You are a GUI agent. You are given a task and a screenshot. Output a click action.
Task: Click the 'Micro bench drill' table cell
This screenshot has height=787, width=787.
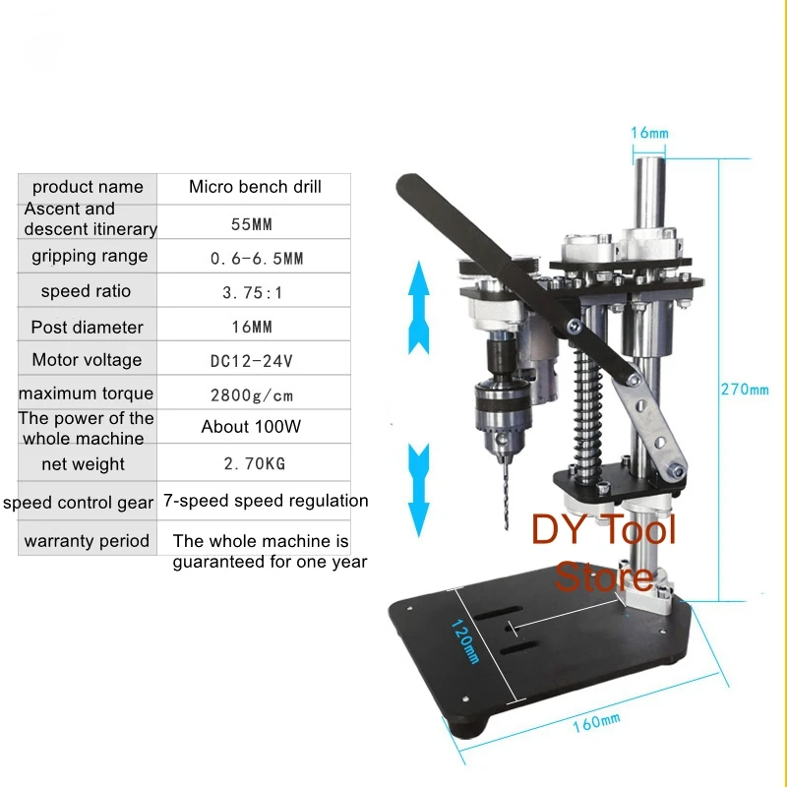pos(255,187)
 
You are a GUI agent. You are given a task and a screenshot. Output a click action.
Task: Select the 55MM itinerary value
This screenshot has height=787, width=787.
pos(251,224)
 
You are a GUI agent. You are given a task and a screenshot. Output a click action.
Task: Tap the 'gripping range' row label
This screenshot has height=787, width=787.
pos(90,256)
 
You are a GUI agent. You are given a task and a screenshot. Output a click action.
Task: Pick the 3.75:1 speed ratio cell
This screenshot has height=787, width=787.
pos(253,292)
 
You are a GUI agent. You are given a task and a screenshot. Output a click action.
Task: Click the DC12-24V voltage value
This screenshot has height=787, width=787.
pos(253,360)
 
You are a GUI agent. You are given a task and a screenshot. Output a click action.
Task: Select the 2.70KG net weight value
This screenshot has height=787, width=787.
pos(253,464)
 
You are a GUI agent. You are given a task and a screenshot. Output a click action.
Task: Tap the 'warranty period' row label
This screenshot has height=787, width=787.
pos(87,541)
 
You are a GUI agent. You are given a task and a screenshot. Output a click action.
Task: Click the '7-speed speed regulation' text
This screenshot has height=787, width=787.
pos(266,501)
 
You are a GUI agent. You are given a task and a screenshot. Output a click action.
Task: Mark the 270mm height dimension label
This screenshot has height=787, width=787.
pos(745,389)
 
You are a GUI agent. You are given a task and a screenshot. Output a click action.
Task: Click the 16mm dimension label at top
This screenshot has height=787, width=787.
pos(649,133)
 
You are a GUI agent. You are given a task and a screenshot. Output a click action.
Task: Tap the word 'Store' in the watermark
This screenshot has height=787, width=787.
pos(604,576)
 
